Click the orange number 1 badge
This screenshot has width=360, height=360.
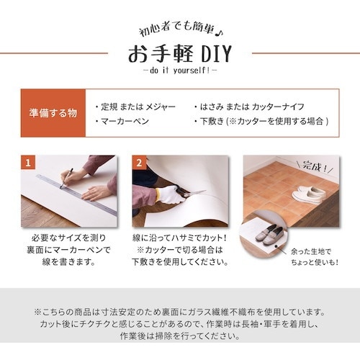coord(30,163)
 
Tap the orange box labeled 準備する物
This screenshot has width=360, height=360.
coord(53,113)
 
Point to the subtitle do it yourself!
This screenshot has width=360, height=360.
coord(179,71)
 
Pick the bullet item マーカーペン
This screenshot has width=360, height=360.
coord(122,122)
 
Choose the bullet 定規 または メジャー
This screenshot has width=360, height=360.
coord(135,106)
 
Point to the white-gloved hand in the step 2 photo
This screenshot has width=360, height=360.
coord(170,194)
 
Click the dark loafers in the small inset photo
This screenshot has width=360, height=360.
coord(271,234)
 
